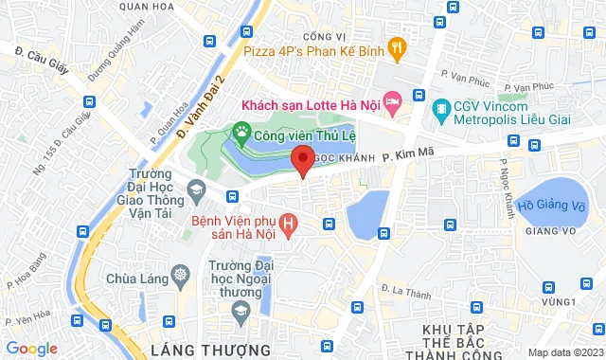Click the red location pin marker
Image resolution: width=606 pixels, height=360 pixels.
[302, 160]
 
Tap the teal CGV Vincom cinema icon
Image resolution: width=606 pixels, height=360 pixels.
[441, 108]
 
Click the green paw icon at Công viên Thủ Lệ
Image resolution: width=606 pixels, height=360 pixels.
[241, 135]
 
